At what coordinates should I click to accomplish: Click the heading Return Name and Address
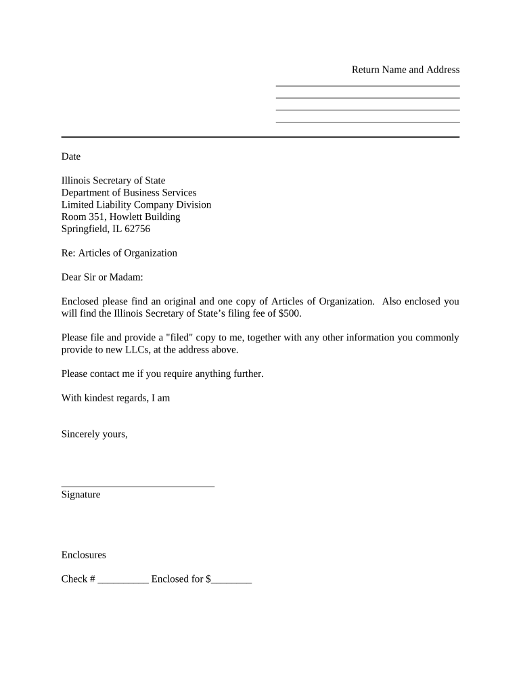[x=405, y=70]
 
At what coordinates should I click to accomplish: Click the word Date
[x=71, y=156]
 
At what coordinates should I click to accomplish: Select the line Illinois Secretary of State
[x=113, y=181]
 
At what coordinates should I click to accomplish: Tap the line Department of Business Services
[x=129, y=193]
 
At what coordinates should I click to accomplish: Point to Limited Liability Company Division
[x=136, y=205]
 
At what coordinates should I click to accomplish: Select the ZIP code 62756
[x=137, y=229]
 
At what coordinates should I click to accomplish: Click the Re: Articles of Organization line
[x=119, y=253]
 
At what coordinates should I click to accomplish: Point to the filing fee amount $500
[x=288, y=314]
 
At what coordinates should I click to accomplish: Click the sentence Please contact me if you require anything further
[x=162, y=374]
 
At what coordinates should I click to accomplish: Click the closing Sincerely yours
[x=94, y=434]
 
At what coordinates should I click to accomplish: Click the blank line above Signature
[x=137, y=484]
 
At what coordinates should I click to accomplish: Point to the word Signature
[x=81, y=495]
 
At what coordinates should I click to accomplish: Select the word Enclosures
[x=83, y=555]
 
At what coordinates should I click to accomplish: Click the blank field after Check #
[x=122, y=580]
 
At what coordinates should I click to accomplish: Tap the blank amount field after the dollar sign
[x=231, y=580]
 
